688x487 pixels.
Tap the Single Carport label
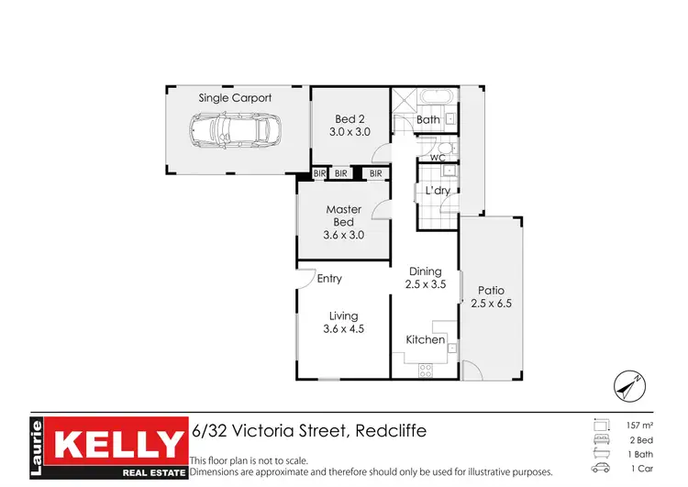[235, 97]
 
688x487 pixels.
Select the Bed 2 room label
[350, 119]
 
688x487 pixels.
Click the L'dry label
[436, 191]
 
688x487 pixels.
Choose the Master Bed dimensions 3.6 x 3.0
[344, 235]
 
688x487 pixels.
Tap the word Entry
[329, 278]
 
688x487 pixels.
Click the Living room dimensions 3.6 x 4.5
[344, 328]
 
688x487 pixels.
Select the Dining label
[426, 271]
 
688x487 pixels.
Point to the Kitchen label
[426, 339]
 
